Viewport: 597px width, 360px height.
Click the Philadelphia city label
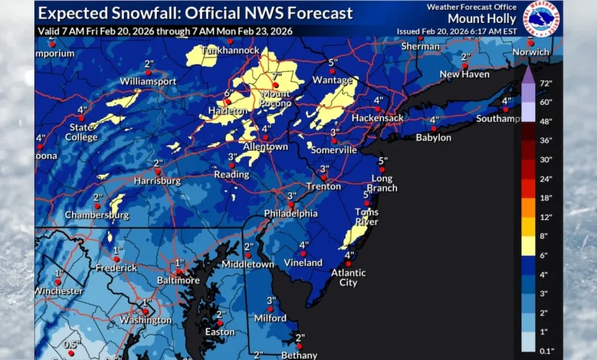[291, 214]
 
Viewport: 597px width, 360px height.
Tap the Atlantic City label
[348, 277]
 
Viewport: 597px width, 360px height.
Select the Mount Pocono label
[276, 98]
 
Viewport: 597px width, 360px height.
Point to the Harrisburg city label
[157, 181]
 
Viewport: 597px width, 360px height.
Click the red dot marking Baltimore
[178, 271]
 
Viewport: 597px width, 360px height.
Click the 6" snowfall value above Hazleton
[227, 93]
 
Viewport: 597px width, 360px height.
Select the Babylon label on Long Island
[433, 138]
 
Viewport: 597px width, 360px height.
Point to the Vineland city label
[304, 263]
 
